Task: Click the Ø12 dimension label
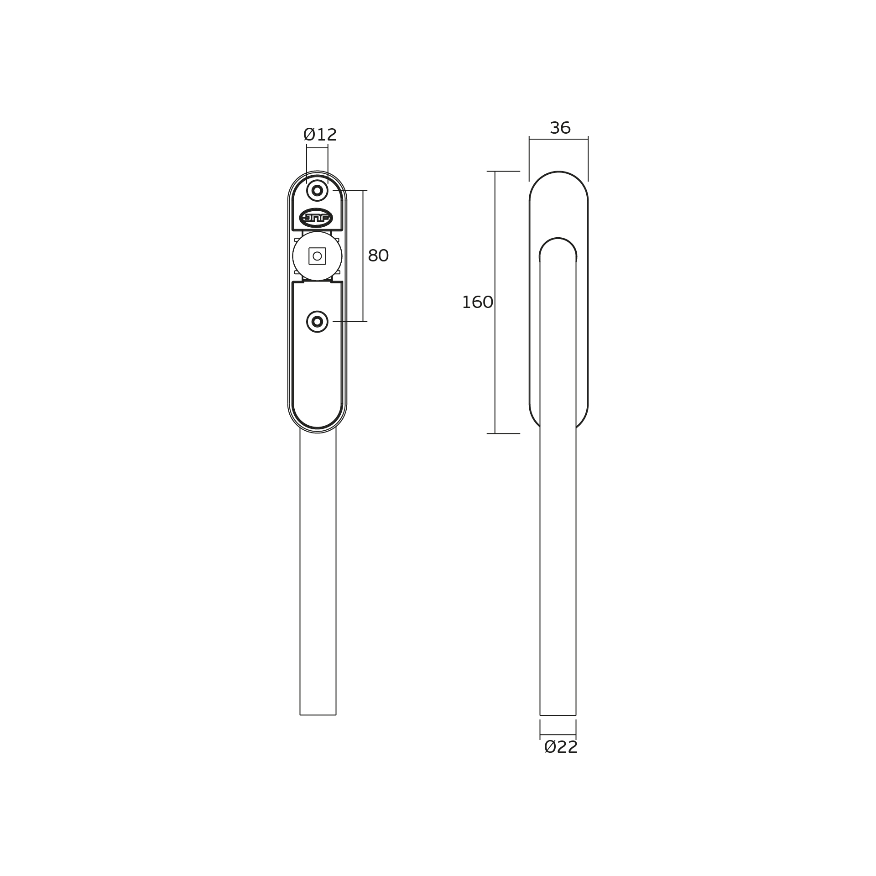pos(320,135)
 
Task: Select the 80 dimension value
pos(378,256)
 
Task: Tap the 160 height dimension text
pos(477,302)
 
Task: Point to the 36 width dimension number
pos(560,128)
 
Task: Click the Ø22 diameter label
pos(561,747)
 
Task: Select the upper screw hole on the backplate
pos(317,191)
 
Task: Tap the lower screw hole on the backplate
pos(317,322)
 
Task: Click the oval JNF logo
pos(316,218)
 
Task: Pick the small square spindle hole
pos(317,256)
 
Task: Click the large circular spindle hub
pos(317,256)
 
